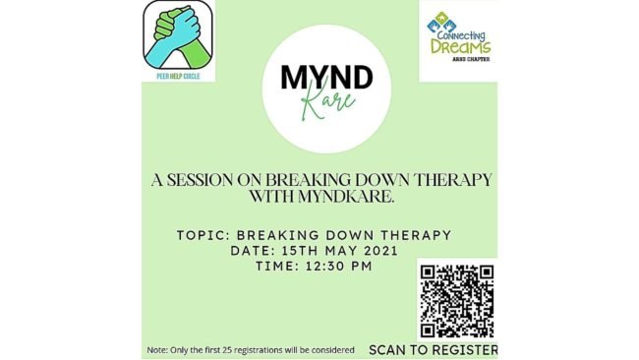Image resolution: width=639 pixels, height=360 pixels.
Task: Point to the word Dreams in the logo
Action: pyautogui.click(x=461, y=45)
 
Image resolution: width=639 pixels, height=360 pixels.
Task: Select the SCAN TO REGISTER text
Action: pyautogui.click(x=433, y=349)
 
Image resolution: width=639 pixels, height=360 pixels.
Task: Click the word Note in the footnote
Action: pyautogui.click(x=157, y=350)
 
